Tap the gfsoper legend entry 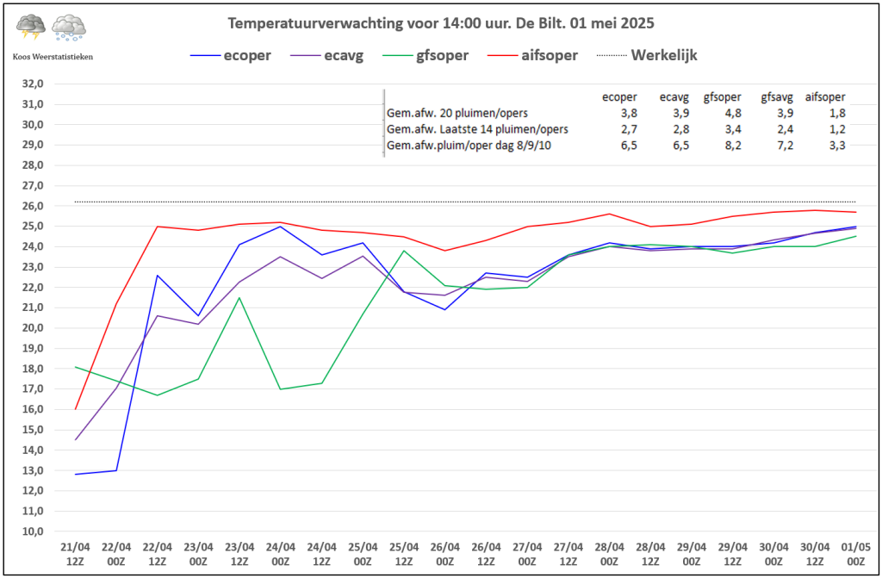click(440, 55)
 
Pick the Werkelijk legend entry click(664, 55)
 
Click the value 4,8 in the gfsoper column click(718, 113)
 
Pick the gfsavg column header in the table click(776, 97)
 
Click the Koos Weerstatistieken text click(53, 56)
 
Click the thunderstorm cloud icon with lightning click(31, 28)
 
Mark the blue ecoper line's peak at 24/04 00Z click(280, 226)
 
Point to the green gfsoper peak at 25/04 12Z click(404, 251)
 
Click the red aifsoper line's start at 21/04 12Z click(76, 409)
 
